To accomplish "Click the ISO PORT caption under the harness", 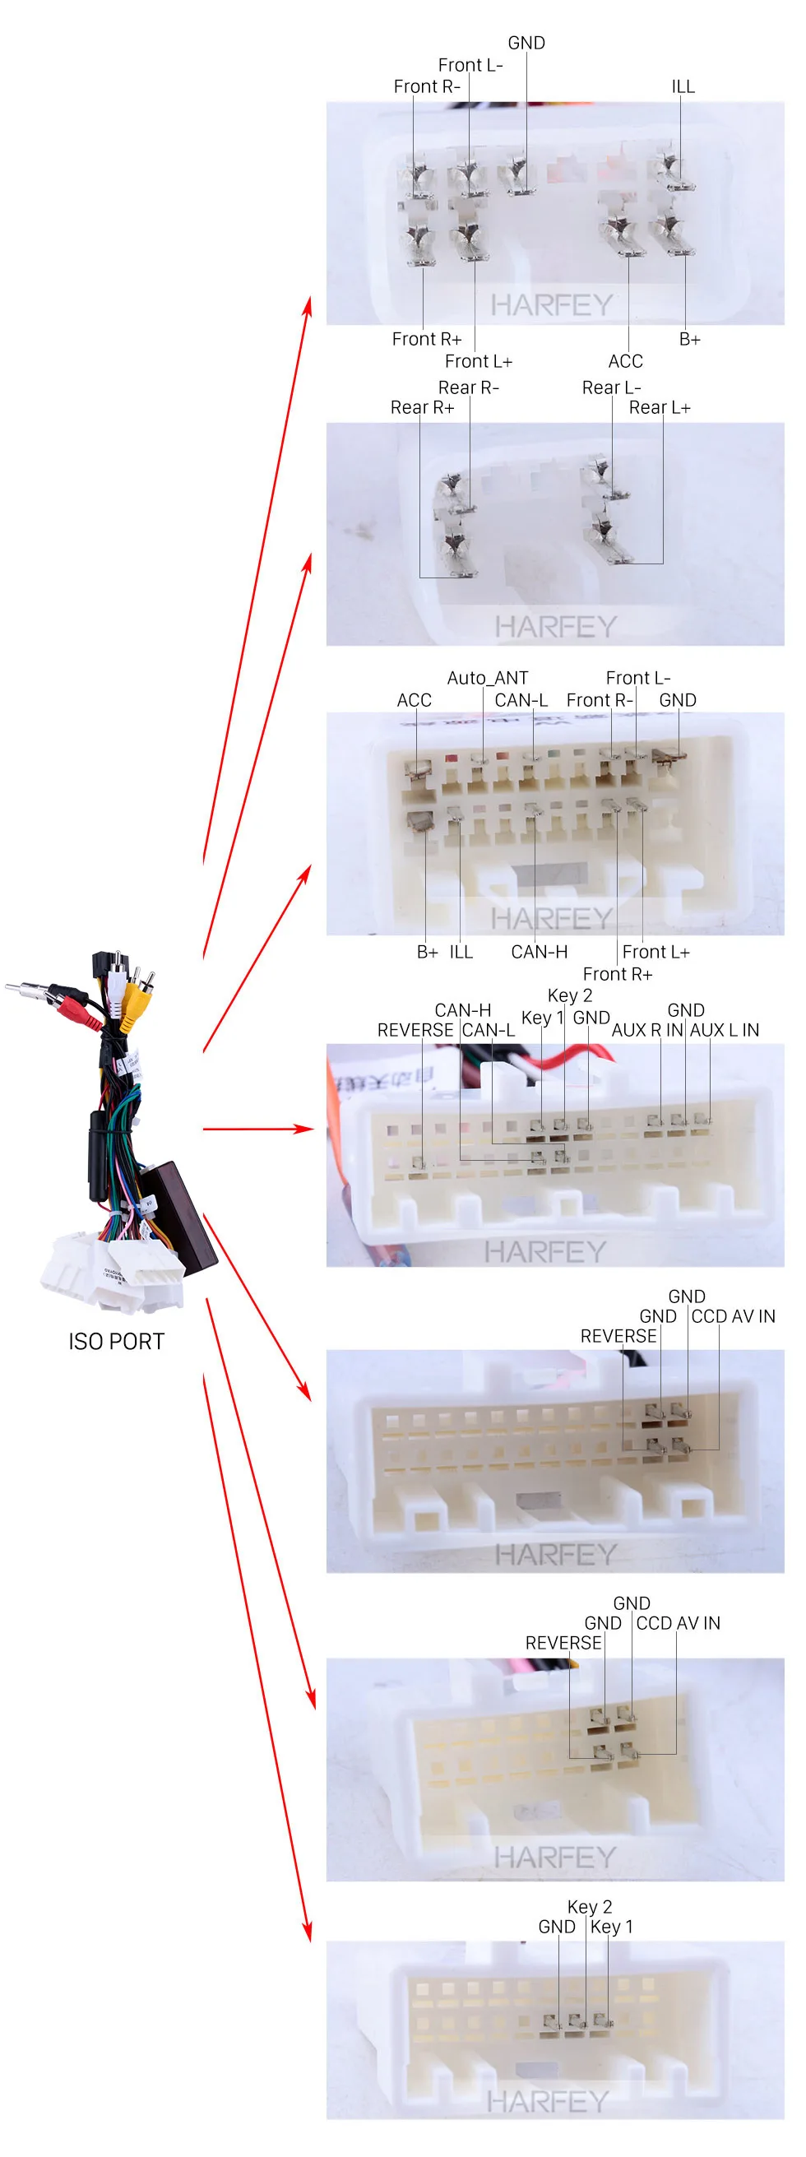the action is pos(116,1342).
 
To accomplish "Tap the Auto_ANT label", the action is pos(488,678).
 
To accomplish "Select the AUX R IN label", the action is pos(648,1030).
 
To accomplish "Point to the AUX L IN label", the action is pos(725,1030).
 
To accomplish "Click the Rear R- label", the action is pos(469,387).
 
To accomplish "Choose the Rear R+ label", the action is pos(423,408).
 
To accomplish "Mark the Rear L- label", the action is pos(612,387).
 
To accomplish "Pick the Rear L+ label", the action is pos(660,408).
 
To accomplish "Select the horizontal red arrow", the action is pos(257,1129).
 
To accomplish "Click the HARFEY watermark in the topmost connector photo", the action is pos(553,306).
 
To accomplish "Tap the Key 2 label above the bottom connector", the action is pos(590,1907).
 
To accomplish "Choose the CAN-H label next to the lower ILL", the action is pos(540,952).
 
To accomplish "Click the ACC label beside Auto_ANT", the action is pos(415,700).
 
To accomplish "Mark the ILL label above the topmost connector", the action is pos(683,86).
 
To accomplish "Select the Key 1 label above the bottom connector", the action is pos(612,1927).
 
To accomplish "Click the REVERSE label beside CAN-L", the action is pos(415,1030).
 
